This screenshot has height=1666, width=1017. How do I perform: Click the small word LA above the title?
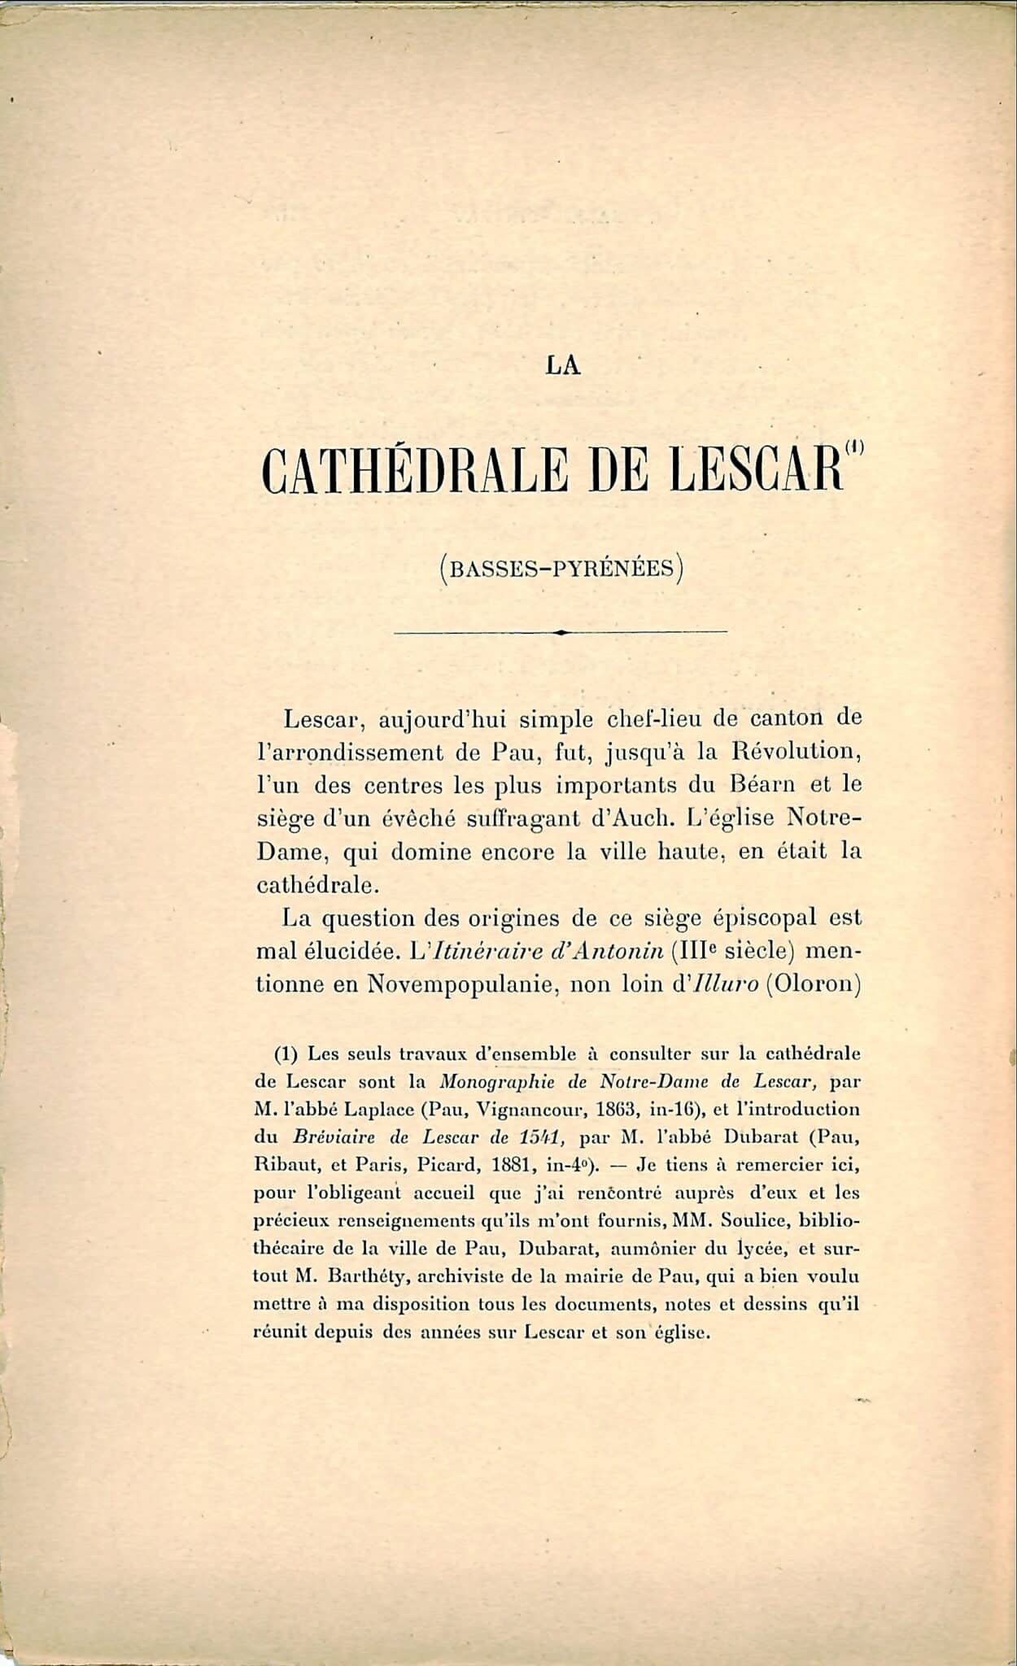[x=563, y=366]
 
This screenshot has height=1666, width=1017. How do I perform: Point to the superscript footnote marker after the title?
[x=853, y=447]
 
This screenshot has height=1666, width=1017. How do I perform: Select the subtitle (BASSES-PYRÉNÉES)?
[x=560, y=567]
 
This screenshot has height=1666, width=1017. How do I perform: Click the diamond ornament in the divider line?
[x=560, y=631]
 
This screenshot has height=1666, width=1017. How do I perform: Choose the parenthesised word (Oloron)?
[x=814, y=984]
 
